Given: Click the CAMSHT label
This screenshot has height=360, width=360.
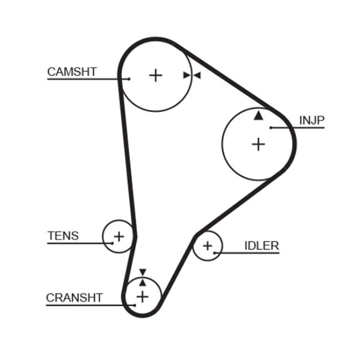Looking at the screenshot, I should [72, 71].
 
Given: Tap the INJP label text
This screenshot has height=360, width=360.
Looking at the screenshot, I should [311, 120].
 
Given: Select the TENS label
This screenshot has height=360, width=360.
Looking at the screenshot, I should [63, 236].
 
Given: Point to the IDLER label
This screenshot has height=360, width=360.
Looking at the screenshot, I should [261, 246].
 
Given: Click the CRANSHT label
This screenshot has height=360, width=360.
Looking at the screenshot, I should [74, 297].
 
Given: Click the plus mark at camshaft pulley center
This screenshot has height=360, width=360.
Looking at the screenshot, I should [156, 75].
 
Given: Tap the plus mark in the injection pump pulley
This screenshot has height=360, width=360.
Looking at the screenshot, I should [258, 144].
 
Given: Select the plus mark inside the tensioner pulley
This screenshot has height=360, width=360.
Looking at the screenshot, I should [118, 237].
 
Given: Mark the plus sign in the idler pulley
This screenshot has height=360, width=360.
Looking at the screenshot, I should [207, 245].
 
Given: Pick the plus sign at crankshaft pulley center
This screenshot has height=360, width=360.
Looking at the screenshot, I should [142, 297].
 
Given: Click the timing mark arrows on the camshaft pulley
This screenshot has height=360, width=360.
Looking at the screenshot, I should [192, 75].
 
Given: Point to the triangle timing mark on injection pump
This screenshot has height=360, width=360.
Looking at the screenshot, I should [258, 115].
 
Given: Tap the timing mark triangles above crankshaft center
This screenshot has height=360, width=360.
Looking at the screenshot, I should [142, 276].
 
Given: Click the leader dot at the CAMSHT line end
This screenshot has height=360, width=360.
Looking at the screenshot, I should [129, 79].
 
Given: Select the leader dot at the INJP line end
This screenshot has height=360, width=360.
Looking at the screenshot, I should [271, 128].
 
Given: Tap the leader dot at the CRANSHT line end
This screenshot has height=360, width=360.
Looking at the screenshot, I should [135, 304].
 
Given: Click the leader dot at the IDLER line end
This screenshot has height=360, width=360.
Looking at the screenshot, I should [215, 253].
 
